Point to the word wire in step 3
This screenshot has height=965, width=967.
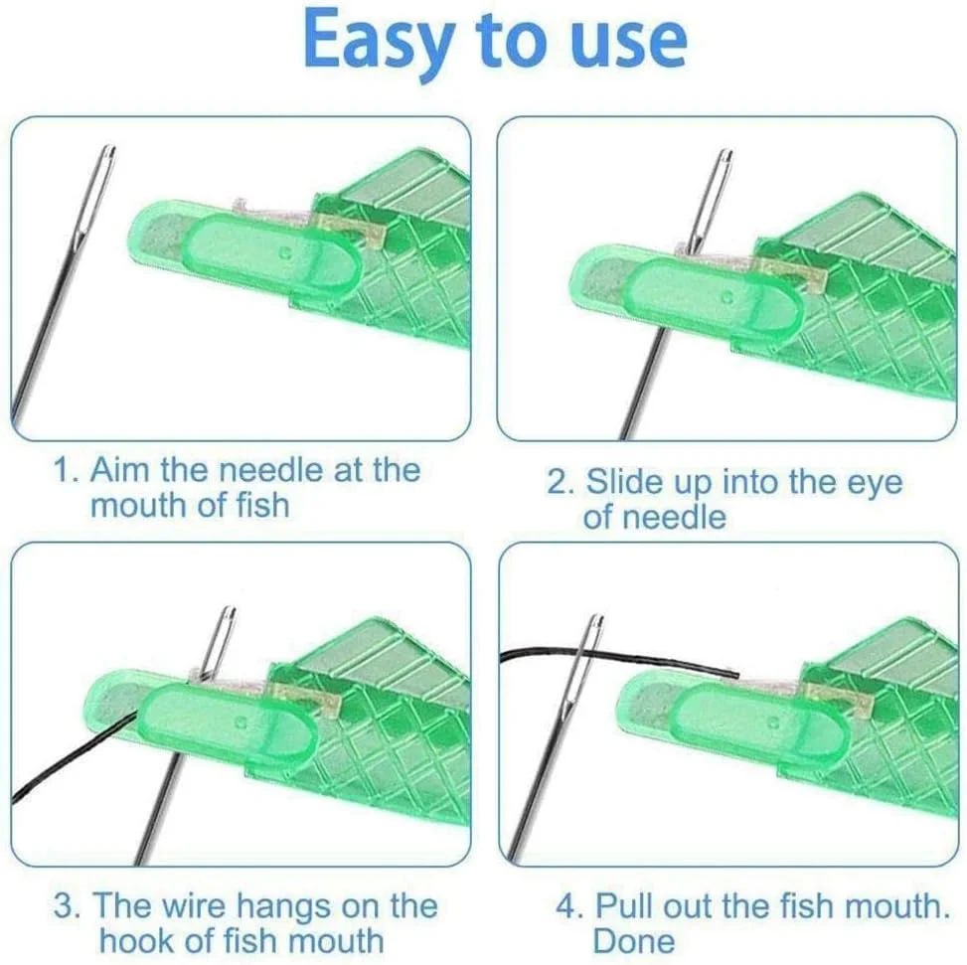193,905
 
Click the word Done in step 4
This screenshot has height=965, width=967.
634,941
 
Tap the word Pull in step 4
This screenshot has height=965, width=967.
622,905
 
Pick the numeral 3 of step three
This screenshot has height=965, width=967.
64,905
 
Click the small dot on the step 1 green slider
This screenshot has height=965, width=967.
284,252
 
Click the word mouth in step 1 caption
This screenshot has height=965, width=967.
137,505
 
